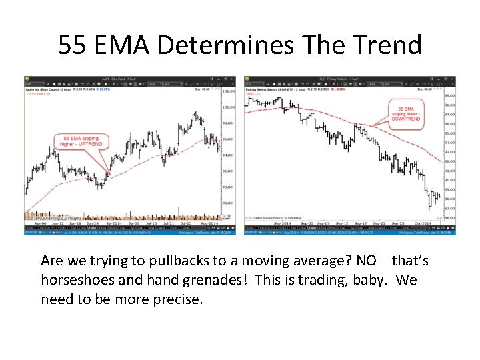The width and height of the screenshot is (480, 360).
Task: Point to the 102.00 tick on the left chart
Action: (x=229, y=91)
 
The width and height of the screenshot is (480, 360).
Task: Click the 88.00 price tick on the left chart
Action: (x=229, y=203)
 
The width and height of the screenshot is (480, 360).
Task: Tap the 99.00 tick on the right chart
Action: (x=449, y=95)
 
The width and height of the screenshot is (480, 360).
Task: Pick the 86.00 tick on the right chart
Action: (x=449, y=217)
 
